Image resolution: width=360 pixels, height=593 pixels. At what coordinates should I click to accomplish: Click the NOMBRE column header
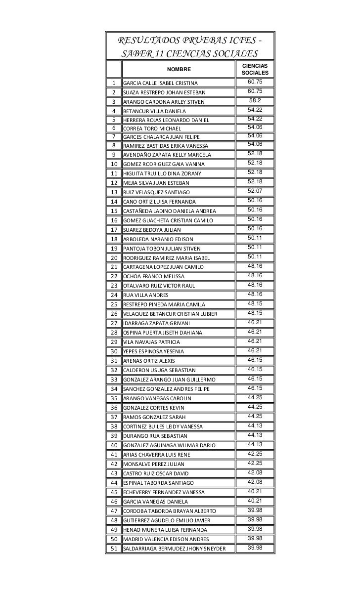point(178,70)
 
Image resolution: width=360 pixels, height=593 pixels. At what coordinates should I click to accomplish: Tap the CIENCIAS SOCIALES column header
point(255,69)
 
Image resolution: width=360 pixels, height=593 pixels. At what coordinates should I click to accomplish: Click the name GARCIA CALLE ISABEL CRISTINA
point(160,83)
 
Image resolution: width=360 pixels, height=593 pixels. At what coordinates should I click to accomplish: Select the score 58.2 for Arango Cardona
point(255,101)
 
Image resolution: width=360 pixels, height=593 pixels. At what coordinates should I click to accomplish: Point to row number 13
point(114,192)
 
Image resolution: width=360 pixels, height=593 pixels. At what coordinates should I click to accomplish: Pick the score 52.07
point(255,191)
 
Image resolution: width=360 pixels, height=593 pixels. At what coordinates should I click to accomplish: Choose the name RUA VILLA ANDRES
point(145,296)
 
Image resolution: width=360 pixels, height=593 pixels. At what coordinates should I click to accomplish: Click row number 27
point(114,323)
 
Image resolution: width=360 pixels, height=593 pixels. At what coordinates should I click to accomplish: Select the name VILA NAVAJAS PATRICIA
point(151,342)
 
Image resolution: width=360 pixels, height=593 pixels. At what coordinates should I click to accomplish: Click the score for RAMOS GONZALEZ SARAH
point(255,416)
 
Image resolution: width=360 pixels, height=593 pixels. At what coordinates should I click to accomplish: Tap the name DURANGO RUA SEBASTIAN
point(155,436)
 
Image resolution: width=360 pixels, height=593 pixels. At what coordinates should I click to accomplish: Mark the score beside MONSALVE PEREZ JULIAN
point(255,463)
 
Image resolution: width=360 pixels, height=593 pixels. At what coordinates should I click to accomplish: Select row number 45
point(114,492)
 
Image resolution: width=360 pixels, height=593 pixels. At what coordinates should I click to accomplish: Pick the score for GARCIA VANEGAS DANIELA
point(255,501)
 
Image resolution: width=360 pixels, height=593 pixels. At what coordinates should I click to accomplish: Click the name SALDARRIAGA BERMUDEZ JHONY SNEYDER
point(174,549)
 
